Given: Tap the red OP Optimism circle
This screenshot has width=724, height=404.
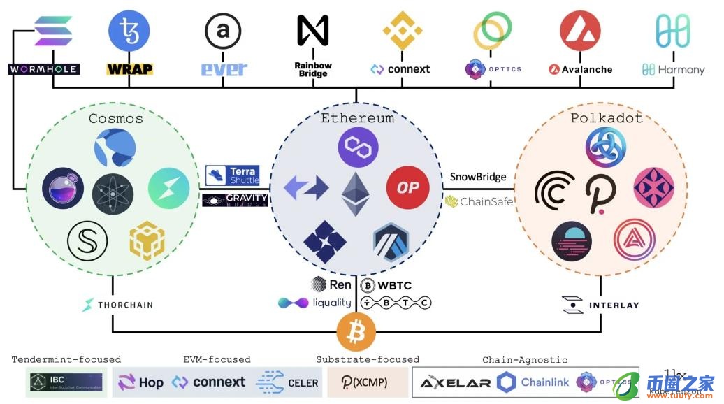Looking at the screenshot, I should pyautogui.click(x=407, y=187).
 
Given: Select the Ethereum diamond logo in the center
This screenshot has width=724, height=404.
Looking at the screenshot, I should pyautogui.click(x=356, y=194).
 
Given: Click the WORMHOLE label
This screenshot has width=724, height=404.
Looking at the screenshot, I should pyautogui.click(x=43, y=69).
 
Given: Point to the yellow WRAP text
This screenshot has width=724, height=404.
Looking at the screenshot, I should pyautogui.click(x=129, y=69).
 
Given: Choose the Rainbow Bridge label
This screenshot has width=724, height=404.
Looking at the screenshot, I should pyautogui.click(x=312, y=69).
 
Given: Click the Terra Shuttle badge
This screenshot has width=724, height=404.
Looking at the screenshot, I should pyautogui.click(x=233, y=175).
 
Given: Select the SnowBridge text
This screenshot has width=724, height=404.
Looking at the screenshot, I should pyautogui.click(x=478, y=177).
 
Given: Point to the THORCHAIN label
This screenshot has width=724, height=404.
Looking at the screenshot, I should pyautogui.click(x=117, y=305).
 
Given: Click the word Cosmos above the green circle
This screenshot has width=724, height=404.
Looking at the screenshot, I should pyautogui.click(x=116, y=118).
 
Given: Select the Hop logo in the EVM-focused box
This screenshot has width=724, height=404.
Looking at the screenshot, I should pyautogui.click(x=140, y=382).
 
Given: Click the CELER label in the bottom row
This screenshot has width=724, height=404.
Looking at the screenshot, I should pyautogui.click(x=288, y=382).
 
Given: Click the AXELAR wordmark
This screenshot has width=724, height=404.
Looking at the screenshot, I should pyautogui.click(x=456, y=382).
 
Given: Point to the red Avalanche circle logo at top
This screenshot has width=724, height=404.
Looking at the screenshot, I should pyautogui.click(x=580, y=31).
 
